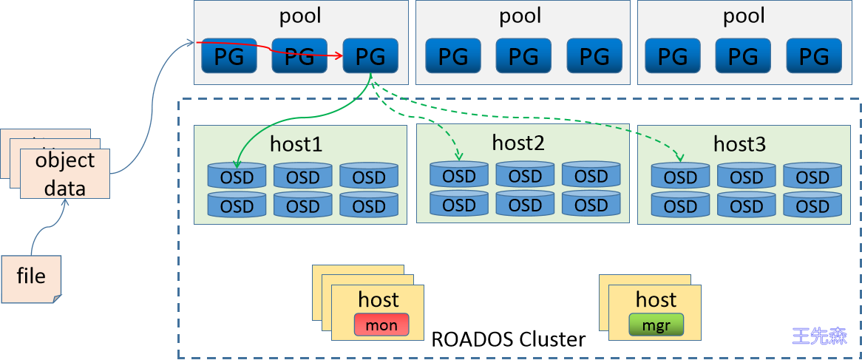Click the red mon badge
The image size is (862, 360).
click(381, 325)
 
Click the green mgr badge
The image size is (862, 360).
click(656, 325)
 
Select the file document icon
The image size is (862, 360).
click(31, 278)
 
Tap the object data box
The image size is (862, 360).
click(65, 174)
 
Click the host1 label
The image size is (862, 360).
click(296, 144)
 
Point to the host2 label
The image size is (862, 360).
click(518, 143)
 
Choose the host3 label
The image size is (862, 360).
click(739, 144)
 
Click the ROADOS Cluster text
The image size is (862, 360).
click(509, 339)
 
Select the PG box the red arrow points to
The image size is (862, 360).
click(371, 55)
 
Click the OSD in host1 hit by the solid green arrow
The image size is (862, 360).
click(237, 177)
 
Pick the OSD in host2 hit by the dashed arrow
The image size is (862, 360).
click(458, 175)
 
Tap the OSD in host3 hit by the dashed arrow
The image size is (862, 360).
click(680, 177)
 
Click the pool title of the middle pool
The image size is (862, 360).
click(520, 16)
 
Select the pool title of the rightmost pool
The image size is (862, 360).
click(744, 16)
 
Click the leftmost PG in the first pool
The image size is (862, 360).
click(228, 55)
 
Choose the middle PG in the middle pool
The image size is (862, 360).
click(523, 55)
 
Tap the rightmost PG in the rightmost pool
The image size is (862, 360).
click(814, 55)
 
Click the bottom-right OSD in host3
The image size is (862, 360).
click(812, 206)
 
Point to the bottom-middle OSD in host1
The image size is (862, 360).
click(302, 206)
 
